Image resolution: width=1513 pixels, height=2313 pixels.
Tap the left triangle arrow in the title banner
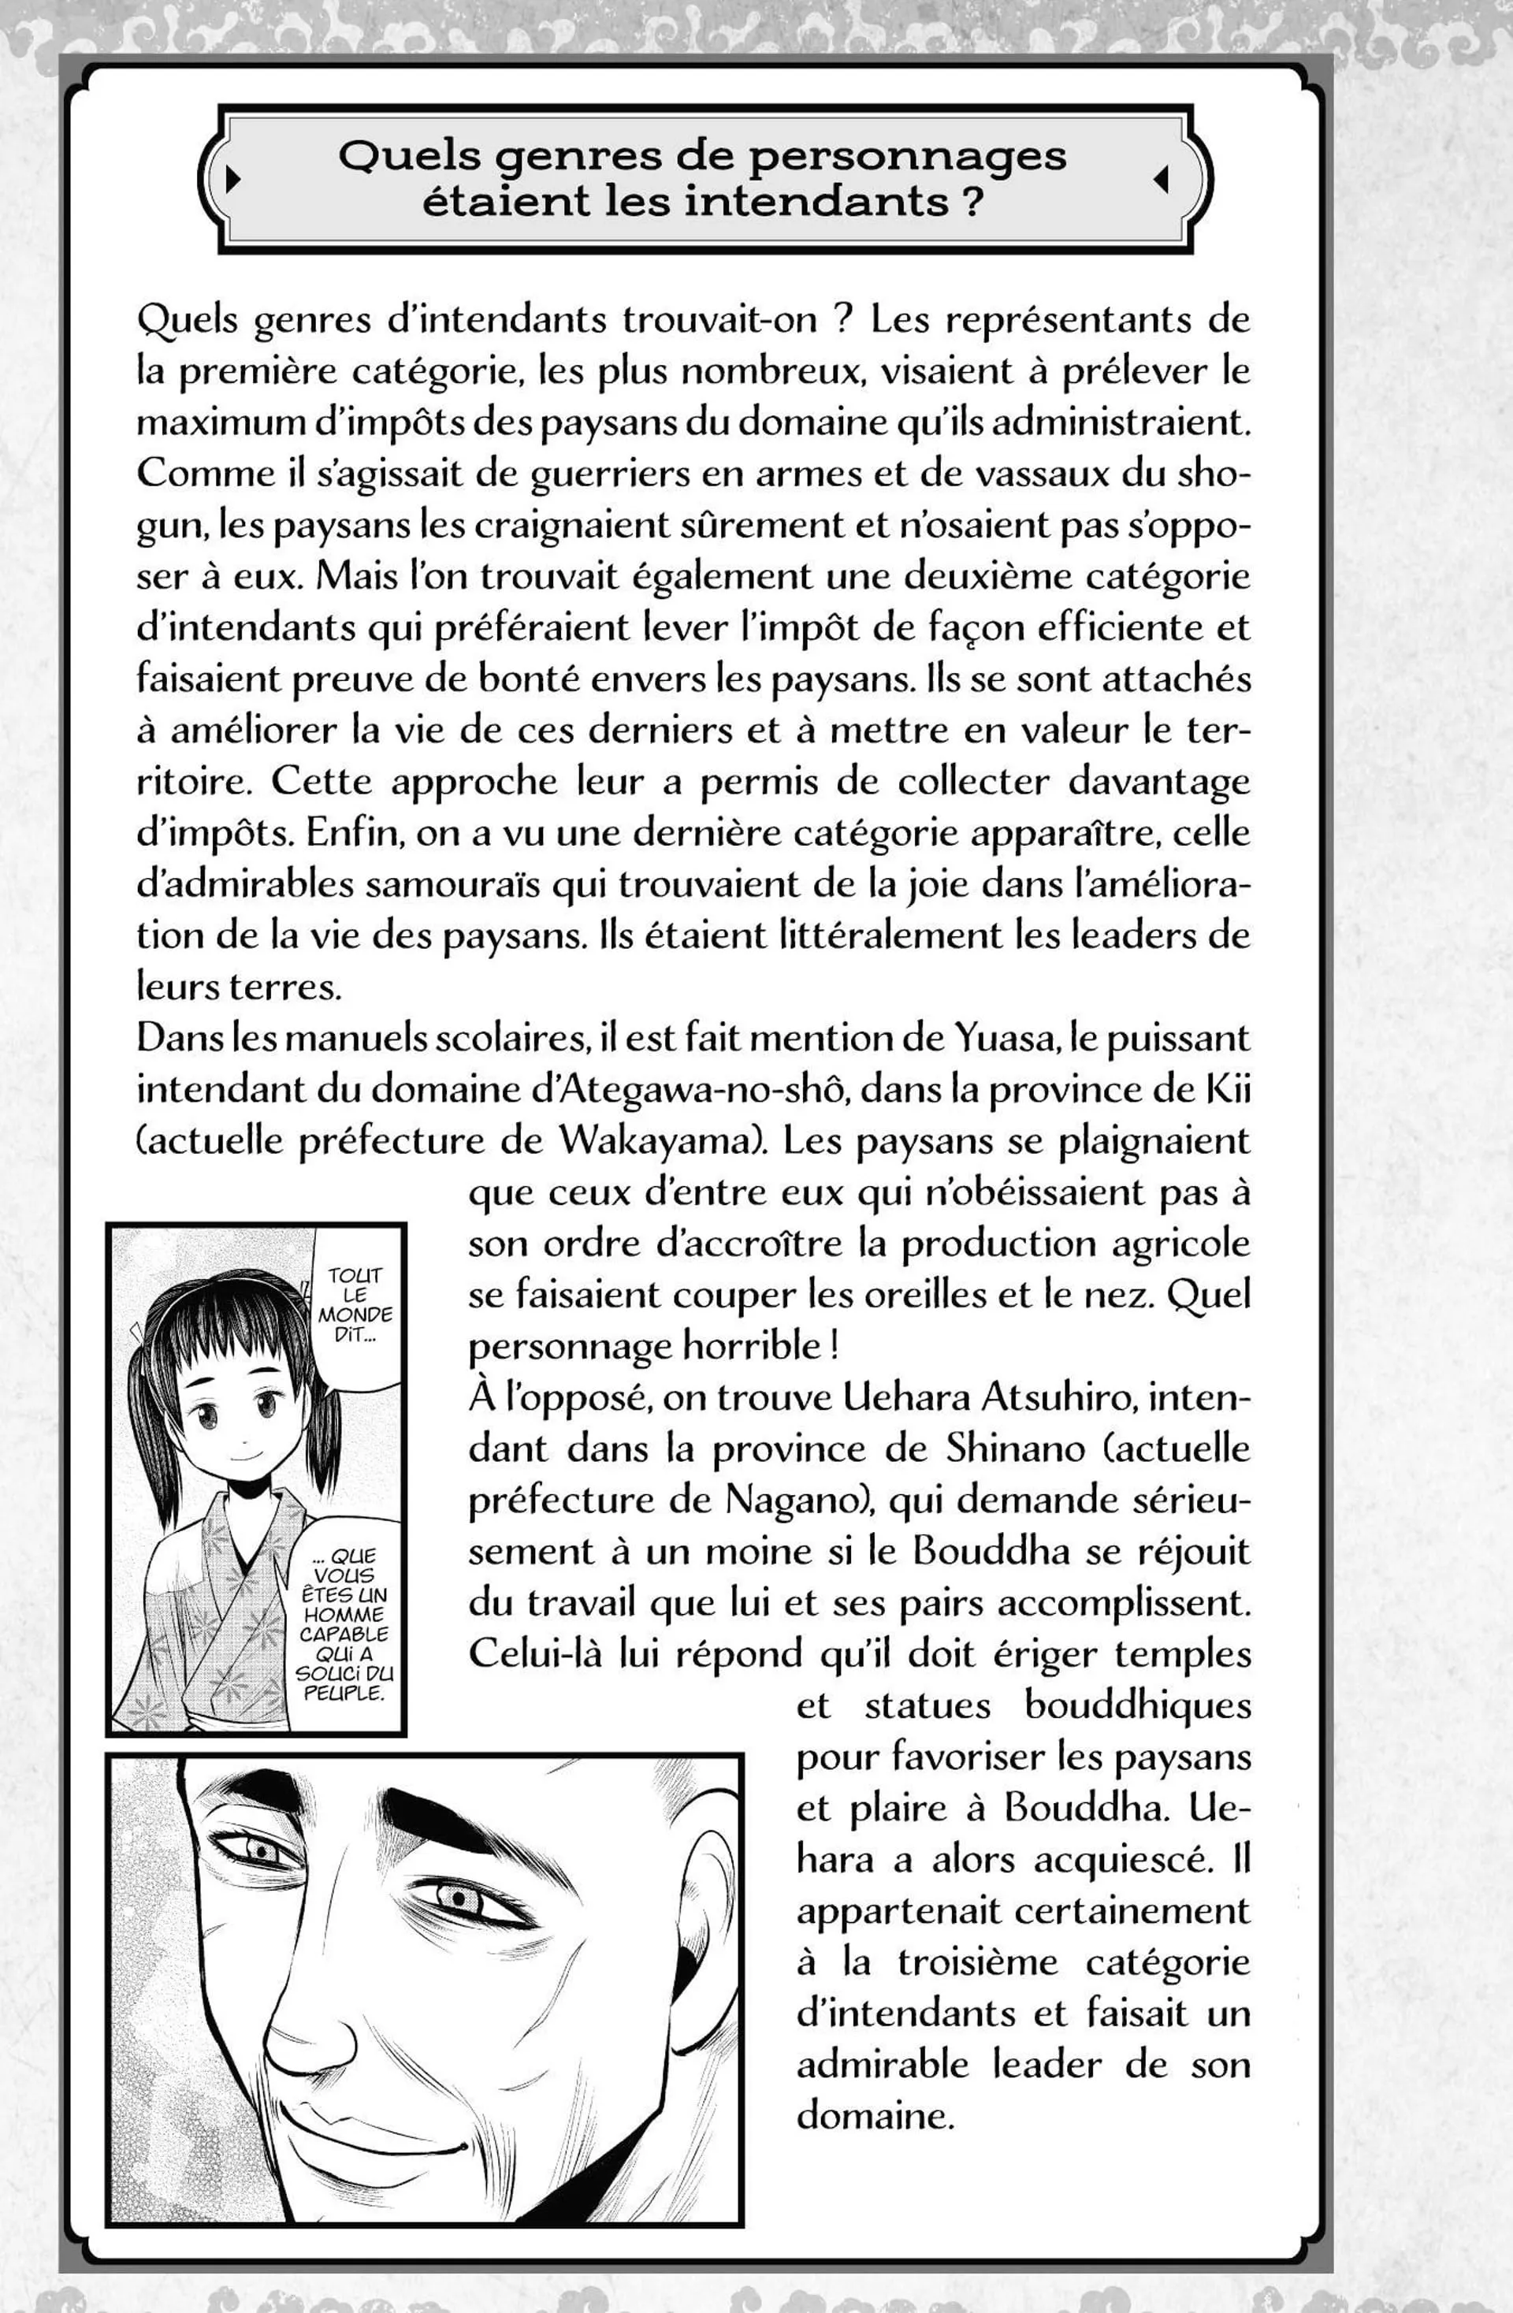pos(232,179)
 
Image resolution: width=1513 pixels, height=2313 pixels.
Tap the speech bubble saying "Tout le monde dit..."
pos(355,1304)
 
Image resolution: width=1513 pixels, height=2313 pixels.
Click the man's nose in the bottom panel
pos(292,2036)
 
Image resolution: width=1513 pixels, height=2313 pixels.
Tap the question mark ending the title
pos(972,201)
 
